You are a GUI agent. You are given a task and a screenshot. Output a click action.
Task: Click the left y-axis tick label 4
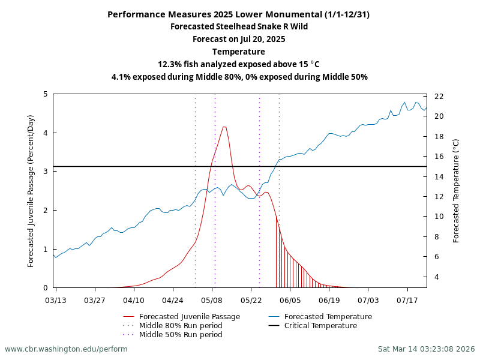(46, 133)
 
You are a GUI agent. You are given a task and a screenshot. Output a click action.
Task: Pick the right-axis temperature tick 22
(439, 97)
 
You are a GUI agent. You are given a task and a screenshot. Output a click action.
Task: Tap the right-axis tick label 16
(439, 157)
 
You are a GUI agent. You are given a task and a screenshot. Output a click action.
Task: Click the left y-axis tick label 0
(46, 288)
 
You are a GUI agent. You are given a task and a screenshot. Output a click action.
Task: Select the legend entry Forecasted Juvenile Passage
(189, 317)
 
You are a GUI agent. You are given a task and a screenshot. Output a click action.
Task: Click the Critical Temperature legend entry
(320, 326)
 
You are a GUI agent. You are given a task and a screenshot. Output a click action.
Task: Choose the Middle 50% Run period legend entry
(180, 335)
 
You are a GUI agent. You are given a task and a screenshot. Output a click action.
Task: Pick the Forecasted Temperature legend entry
(328, 317)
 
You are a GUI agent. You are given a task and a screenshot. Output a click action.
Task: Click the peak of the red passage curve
(224, 127)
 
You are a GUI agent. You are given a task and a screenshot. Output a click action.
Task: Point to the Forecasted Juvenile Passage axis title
(31, 191)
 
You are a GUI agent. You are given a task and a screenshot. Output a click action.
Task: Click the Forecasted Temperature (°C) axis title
(456, 191)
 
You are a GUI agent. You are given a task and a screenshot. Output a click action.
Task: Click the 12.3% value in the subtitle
(170, 64)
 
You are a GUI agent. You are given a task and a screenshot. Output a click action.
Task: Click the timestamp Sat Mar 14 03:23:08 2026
(426, 349)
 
